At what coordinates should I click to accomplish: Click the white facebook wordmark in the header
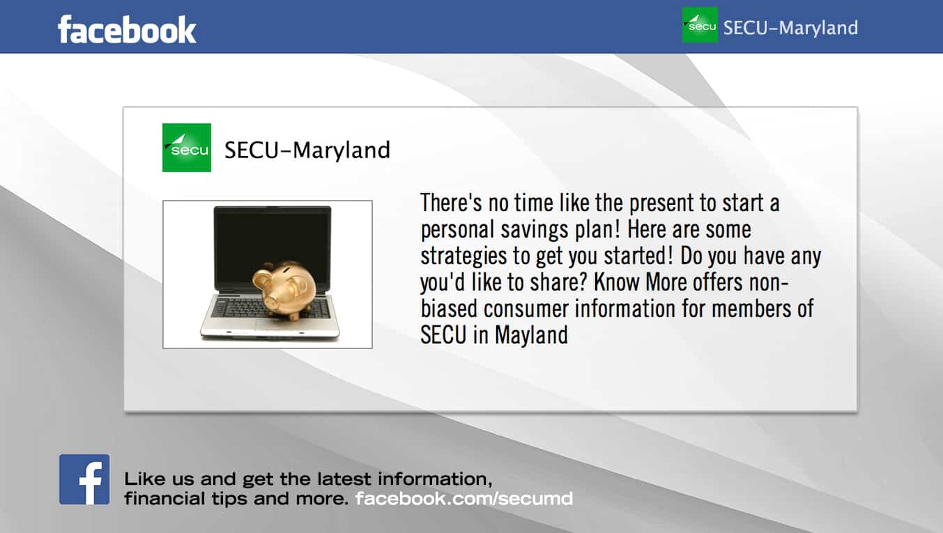pos(127,29)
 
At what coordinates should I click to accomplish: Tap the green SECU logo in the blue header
pos(700,25)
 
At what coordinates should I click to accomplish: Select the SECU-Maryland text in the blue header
pos(790,28)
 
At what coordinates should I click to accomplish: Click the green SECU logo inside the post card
pos(187,148)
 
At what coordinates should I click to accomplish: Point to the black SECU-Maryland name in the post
pos(307,150)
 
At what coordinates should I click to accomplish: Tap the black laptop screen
pos(273,249)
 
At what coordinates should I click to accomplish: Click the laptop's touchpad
pos(276,324)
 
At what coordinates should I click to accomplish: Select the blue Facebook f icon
pos(84,479)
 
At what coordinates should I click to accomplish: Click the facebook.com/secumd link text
pos(464,498)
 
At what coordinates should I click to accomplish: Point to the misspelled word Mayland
pos(531,335)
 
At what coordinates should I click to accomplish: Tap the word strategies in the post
pos(463,256)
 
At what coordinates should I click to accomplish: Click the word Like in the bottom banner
pos(140,479)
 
